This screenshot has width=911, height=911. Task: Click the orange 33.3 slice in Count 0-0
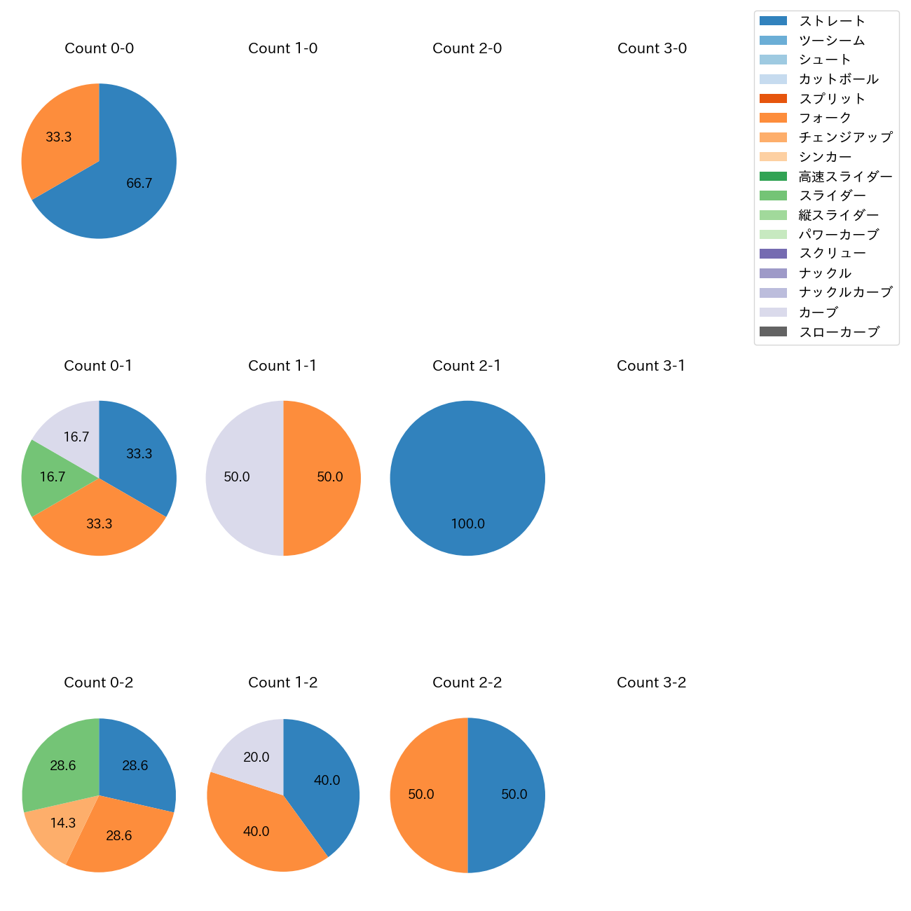(60, 137)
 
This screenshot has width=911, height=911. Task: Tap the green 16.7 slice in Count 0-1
(53, 477)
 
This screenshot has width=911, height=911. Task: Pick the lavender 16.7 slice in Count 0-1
(76, 437)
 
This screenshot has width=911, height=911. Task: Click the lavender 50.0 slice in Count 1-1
(237, 477)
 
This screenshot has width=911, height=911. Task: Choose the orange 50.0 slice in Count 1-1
(329, 477)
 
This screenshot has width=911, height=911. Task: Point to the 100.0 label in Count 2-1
(467, 524)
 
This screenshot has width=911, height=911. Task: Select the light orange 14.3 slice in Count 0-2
(62, 823)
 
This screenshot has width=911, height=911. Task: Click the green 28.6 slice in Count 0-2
(62, 765)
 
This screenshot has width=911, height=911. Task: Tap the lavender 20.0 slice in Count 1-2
(256, 757)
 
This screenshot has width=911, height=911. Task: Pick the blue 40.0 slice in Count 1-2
(326, 780)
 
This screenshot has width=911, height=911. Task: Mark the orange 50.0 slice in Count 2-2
(421, 795)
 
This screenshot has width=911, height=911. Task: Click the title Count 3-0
(652, 48)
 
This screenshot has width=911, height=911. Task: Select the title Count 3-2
(651, 683)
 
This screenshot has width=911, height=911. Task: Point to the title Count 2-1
(467, 366)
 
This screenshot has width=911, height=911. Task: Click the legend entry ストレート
(832, 21)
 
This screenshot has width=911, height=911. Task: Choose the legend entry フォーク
(825, 118)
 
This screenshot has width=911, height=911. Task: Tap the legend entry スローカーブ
(839, 332)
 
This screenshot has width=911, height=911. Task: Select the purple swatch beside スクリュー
(773, 254)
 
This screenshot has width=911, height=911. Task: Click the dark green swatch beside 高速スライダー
(773, 176)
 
